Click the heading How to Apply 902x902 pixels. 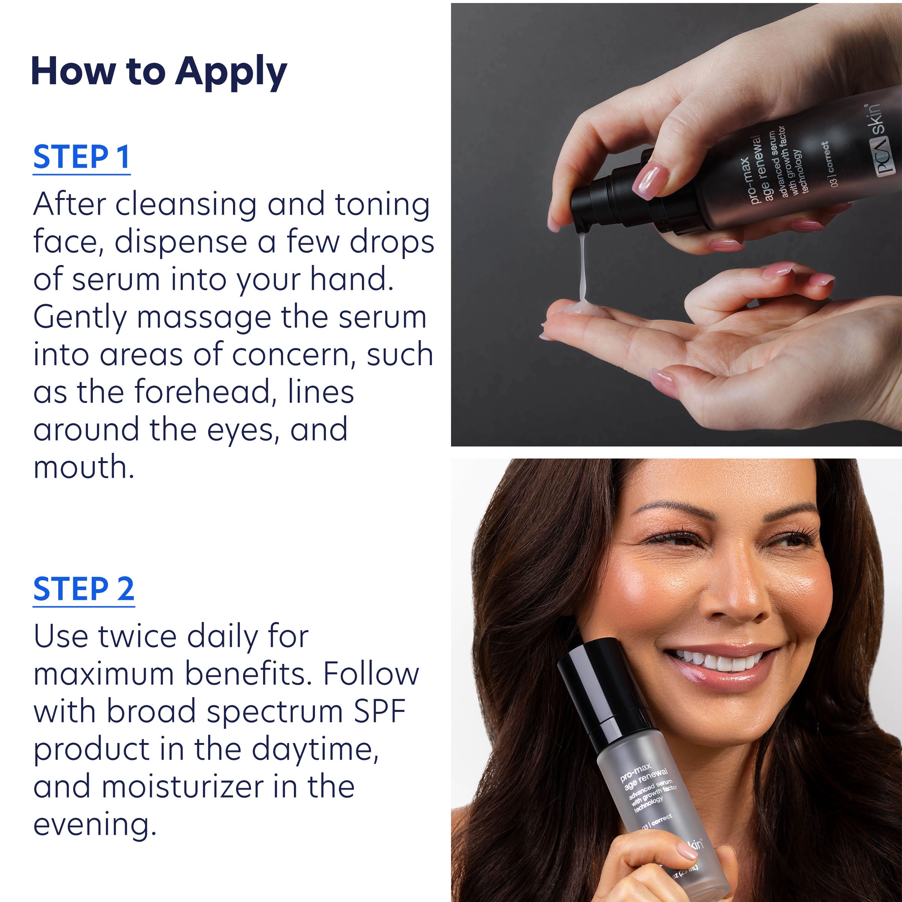[x=159, y=71]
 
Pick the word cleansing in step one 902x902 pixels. [x=186, y=204]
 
